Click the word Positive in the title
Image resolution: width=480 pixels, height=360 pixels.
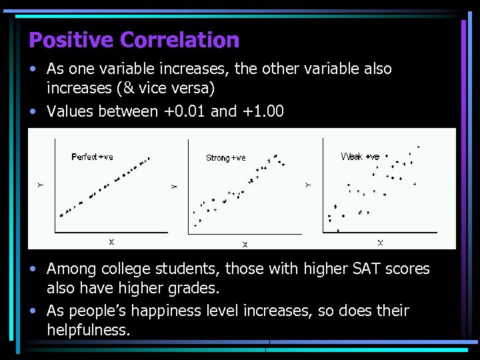(x=72, y=40)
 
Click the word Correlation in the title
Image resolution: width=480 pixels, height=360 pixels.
(x=179, y=40)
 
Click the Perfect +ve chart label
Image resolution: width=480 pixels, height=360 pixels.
(x=93, y=157)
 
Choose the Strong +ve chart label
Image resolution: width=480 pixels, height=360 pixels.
(x=226, y=158)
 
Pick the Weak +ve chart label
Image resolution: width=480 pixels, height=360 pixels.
(x=360, y=157)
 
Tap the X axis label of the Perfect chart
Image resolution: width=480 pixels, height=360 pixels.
(x=111, y=241)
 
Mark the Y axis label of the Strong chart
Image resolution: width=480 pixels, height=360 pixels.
(x=174, y=186)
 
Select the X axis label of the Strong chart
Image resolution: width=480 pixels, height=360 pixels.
(x=245, y=245)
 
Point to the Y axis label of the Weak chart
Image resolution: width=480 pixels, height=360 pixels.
(x=308, y=184)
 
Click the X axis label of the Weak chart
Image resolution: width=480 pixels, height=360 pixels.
(x=380, y=242)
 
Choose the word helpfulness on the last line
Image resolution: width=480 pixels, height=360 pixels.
(x=88, y=330)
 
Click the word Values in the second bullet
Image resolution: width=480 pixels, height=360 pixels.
(x=71, y=111)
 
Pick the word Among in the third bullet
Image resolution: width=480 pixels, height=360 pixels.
(x=71, y=269)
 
